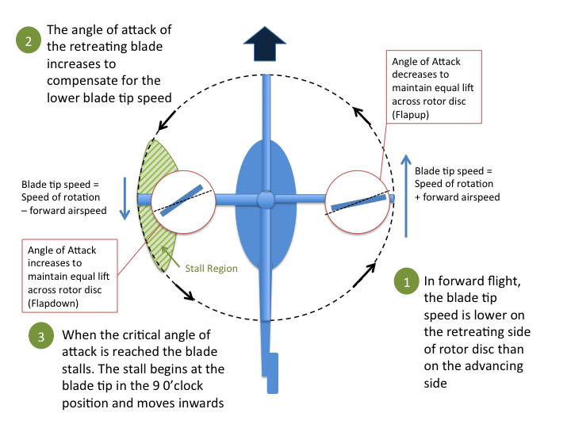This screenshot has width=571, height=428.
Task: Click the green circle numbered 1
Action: (x=406, y=282)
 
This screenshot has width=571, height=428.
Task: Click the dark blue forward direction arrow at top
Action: (x=265, y=43)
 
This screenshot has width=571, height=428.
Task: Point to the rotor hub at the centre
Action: (x=266, y=200)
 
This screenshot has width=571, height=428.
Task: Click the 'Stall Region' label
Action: (x=212, y=268)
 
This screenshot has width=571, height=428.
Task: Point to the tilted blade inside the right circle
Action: (x=359, y=202)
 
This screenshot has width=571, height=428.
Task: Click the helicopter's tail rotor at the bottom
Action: (x=272, y=373)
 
